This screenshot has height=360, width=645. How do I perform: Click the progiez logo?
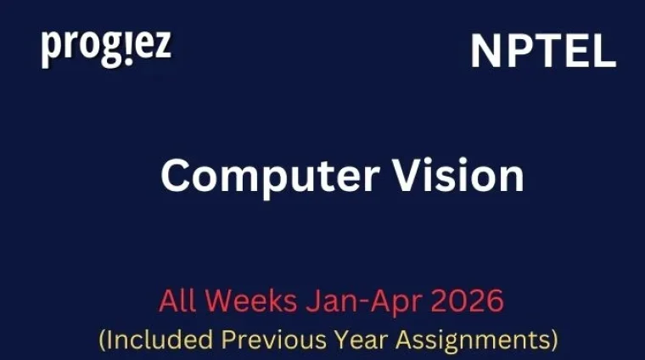106,48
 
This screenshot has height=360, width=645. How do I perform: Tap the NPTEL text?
543,53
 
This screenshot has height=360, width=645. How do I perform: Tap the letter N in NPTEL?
486,53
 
